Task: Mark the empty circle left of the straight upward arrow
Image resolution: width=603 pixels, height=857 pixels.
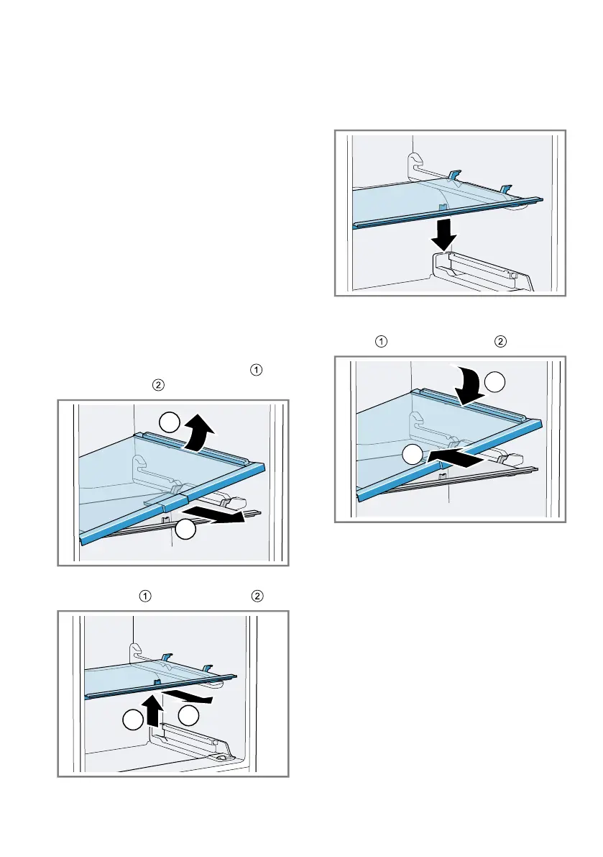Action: [132, 720]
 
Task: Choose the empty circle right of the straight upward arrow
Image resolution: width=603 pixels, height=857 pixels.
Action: [188, 715]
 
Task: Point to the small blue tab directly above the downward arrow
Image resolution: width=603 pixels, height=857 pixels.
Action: [443, 208]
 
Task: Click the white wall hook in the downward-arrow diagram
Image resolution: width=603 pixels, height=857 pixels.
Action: [415, 163]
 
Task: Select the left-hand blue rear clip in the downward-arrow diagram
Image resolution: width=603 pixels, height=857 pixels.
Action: [454, 175]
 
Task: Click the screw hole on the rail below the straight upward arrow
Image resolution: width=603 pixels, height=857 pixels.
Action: [225, 758]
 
